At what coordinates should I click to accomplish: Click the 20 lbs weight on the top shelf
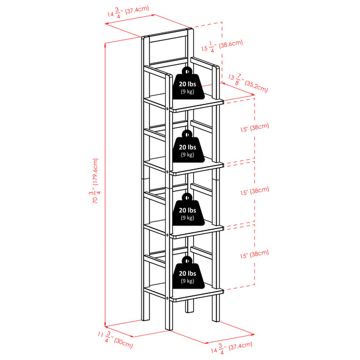[x=188, y=85]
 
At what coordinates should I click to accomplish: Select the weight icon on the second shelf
[x=187, y=148]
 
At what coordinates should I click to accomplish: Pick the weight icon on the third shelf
[x=188, y=211]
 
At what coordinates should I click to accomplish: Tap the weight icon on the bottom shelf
[x=187, y=275]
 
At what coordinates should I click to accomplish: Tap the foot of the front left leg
[x=168, y=327]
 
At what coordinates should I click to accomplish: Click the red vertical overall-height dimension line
[x=106, y=180]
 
